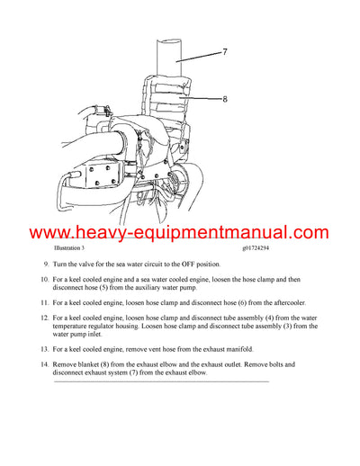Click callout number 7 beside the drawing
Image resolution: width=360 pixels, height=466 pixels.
coord(223,52)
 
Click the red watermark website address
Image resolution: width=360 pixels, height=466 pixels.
coord(180,233)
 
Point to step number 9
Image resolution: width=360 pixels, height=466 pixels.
coord(47,264)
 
